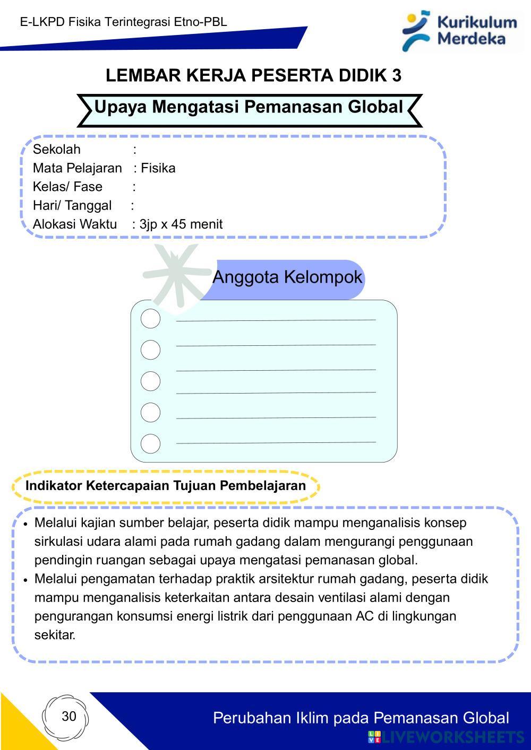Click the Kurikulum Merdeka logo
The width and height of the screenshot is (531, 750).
(460, 30)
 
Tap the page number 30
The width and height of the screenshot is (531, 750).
(69, 717)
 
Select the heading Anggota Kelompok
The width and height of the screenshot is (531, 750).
(287, 277)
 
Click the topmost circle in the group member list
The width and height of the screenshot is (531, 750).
(150, 319)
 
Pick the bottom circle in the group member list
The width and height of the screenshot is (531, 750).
(150, 443)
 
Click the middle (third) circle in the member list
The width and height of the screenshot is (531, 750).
(150, 381)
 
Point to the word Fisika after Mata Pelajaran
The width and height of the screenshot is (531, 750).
(158, 168)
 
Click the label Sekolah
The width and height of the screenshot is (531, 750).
(57, 150)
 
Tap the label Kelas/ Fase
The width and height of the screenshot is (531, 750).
(67, 187)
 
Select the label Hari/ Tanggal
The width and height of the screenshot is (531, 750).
(72, 205)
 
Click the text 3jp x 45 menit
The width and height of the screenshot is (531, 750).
(181, 224)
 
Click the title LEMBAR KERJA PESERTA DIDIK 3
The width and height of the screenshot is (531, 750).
(253, 76)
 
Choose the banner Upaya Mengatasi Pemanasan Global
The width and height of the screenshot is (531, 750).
(249, 107)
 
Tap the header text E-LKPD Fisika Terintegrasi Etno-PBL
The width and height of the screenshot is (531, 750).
(124, 22)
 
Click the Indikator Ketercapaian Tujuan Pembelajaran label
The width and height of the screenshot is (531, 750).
(166, 486)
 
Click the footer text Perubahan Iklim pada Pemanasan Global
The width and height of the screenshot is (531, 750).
(361, 718)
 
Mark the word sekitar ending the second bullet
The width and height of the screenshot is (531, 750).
(55, 635)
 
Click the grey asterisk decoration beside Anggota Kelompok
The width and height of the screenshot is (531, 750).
(177, 275)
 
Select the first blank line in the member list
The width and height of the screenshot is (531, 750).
(276, 320)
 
